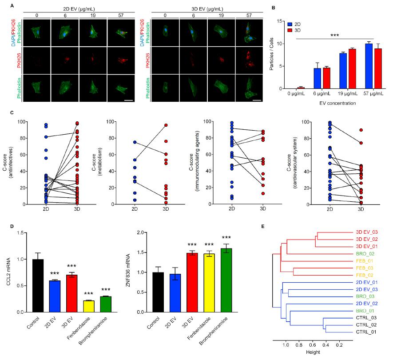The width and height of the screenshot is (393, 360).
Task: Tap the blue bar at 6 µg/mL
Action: (x=318, y=78)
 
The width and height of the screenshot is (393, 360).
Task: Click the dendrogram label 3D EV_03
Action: (x=367, y=232)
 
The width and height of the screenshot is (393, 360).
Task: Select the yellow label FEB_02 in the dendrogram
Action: (x=366, y=276)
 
